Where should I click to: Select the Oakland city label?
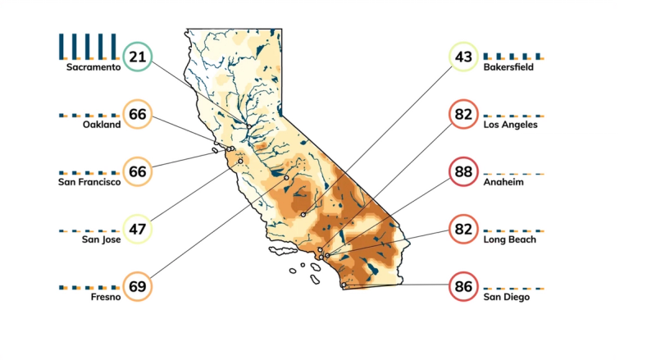pyautogui.click(x=102, y=125)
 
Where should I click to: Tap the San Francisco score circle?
pyautogui.click(x=137, y=171)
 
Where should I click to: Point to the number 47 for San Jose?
pyautogui.click(x=137, y=229)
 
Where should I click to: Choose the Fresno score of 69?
pyautogui.click(x=137, y=286)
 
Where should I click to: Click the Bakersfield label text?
pyautogui.click(x=508, y=67)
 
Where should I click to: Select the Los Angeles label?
pyautogui.click(x=510, y=125)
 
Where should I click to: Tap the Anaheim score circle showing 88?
pyautogui.click(x=463, y=171)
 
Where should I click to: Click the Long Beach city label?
pyautogui.click(x=509, y=239)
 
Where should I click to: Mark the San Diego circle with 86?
pyautogui.click(x=463, y=288)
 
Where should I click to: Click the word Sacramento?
pyautogui.click(x=93, y=67)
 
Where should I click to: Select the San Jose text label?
pyautogui.click(x=101, y=239)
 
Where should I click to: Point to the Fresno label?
pyautogui.click(x=107, y=297)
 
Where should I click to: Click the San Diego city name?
pyautogui.click(x=506, y=297)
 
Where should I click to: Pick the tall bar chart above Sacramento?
pyautogui.click(x=88, y=46)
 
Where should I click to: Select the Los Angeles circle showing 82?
pyautogui.click(x=463, y=114)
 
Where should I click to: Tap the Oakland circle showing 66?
pyautogui.click(x=137, y=114)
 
